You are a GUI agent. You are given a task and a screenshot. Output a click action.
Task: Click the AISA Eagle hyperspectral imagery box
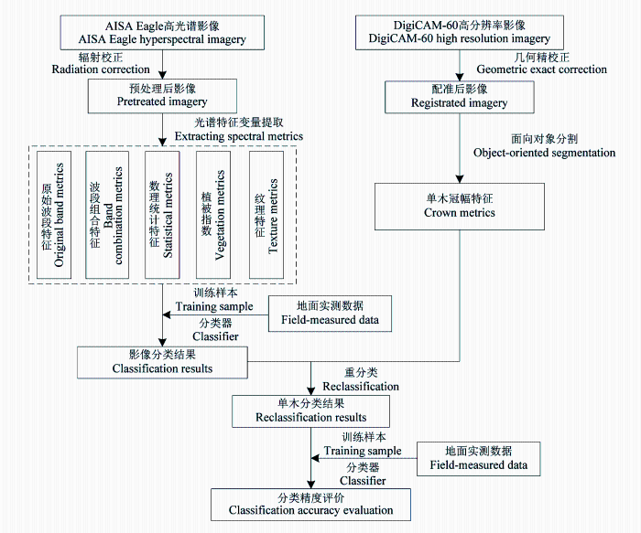162,33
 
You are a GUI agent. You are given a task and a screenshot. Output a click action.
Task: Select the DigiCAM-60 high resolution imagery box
460,33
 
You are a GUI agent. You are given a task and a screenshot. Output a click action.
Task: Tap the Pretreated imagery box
162,96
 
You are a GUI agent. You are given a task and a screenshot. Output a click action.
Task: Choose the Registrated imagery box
460,97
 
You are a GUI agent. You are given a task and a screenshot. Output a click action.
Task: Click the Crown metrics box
460,207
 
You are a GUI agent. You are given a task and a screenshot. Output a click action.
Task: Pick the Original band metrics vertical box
54,215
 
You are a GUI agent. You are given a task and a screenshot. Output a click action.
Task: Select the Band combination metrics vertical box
107,215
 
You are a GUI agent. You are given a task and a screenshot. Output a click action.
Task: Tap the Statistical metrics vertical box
162,215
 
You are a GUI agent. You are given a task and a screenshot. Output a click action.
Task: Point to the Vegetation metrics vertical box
213,215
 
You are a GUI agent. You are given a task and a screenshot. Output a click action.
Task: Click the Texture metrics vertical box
266,215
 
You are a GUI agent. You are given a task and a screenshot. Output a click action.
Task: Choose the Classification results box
162,362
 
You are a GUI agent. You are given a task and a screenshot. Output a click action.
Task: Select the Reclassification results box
310,411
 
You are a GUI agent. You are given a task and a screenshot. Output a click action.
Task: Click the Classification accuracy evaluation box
310,505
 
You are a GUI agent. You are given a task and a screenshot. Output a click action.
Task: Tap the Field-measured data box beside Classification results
330,314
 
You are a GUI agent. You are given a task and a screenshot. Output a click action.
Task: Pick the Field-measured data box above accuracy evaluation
478,459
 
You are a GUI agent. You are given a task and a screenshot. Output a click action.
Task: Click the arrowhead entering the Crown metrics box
460,179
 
